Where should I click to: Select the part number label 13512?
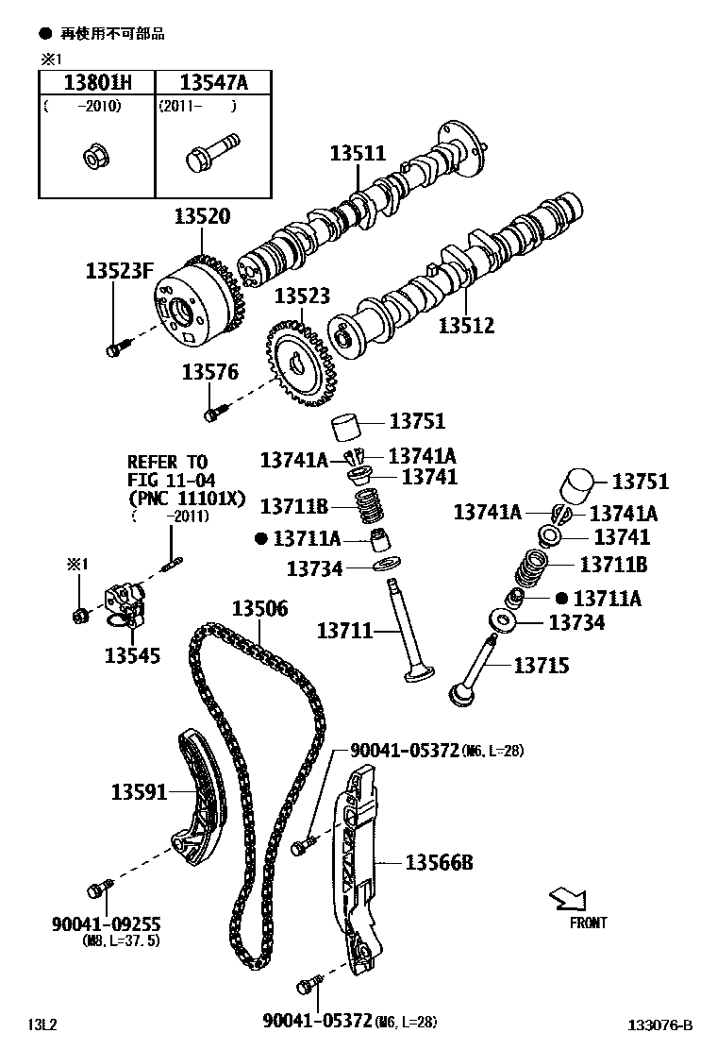point(466,326)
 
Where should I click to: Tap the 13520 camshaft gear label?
point(201,216)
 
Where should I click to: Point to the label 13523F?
point(119,271)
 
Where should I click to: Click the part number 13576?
point(210,373)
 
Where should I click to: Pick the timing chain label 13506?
point(259,609)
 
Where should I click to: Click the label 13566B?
point(439,862)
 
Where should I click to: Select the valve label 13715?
point(541,666)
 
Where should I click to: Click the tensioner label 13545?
point(132,654)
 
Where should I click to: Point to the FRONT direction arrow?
point(569,897)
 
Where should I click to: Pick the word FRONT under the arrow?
point(588,923)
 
